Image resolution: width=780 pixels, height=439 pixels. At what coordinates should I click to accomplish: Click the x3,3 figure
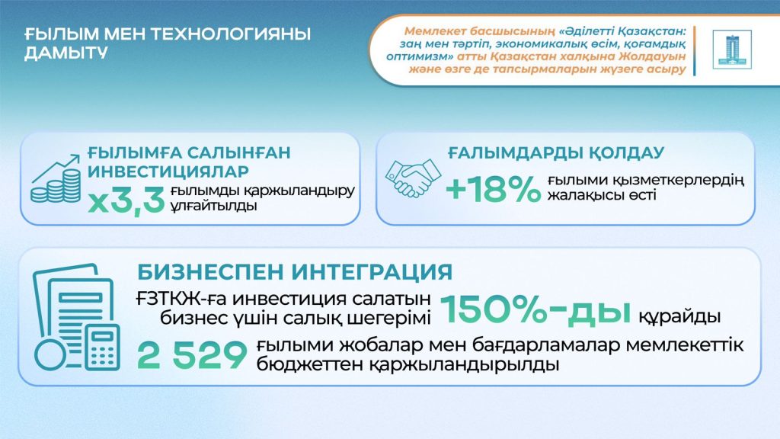[x=126, y=202]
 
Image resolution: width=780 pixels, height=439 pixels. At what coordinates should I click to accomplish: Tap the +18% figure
[x=491, y=191]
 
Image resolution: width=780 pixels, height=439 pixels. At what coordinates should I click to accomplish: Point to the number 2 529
[x=192, y=355]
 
